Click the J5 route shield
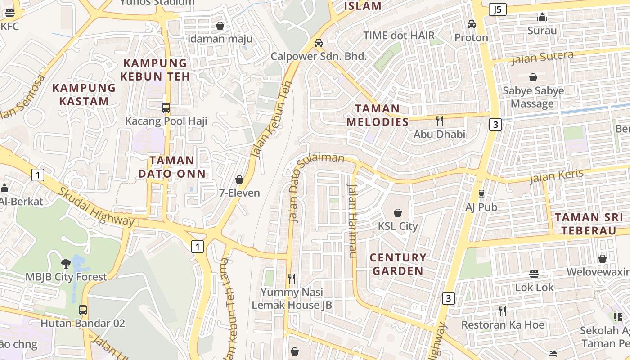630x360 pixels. pyautogui.click(x=497, y=9)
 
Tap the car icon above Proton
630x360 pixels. pyautogui.click(x=471, y=24)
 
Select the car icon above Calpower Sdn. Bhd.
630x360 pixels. pyautogui.click(x=319, y=43)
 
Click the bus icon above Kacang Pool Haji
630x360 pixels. pyautogui.click(x=166, y=108)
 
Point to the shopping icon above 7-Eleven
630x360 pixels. pyautogui.click(x=239, y=180)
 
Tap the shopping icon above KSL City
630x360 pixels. pyautogui.click(x=398, y=212)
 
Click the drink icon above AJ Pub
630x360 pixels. pyautogui.click(x=481, y=194)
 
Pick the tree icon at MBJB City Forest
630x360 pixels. pyautogui.click(x=66, y=263)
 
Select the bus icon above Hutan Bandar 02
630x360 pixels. pyautogui.click(x=83, y=310)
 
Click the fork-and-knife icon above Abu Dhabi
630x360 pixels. pyautogui.click(x=440, y=121)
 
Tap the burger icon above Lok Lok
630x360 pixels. pyautogui.click(x=534, y=274)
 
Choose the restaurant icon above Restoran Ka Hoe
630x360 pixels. pyautogui.click(x=502, y=311)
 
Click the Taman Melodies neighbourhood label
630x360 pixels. pyautogui.click(x=378, y=115)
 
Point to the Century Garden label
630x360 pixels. pyautogui.click(x=398, y=264)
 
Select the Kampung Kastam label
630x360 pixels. pyautogui.click(x=84, y=94)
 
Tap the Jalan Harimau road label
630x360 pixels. pyautogui.click(x=352, y=220)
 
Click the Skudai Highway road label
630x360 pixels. pyautogui.click(x=96, y=207)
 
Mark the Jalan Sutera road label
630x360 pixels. pyautogui.click(x=542, y=58)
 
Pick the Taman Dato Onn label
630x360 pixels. pyautogui.click(x=172, y=167)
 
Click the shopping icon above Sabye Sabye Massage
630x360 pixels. pyautogui.click(x=533, y=77)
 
